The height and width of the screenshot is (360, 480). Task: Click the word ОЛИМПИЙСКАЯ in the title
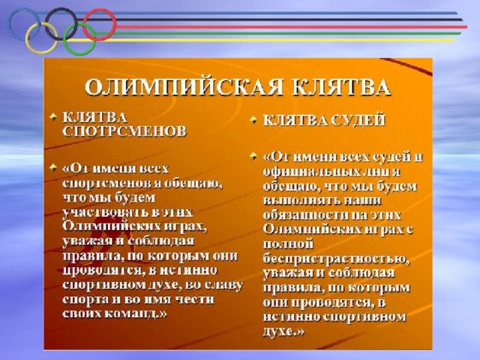click(x=184, y=88)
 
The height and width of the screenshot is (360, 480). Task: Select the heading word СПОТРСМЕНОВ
click(x=124, y=131)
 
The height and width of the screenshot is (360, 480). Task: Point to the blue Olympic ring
click(x=10, y=24)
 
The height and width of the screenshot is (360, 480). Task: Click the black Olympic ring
click(x=61, y=8)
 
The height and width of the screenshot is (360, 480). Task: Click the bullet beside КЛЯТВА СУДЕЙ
click(x=253, y=120)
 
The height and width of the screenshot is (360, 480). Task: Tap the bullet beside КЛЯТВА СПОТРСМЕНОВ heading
click(x=53, y=117)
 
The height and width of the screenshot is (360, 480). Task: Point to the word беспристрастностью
click(x=336, y=259)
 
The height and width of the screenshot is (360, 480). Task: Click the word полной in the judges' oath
click(x=288, y=244)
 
